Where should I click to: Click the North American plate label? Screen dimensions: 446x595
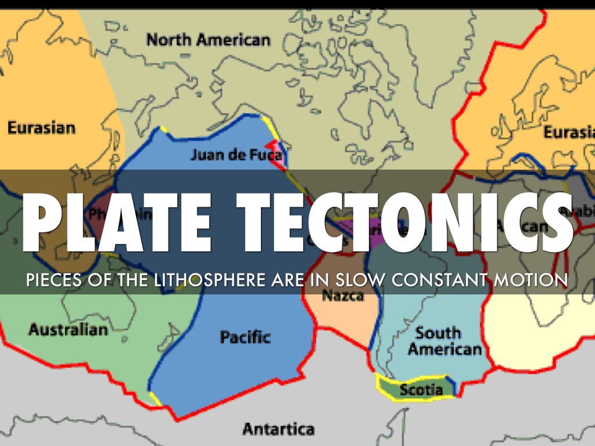click(x=208, y=40)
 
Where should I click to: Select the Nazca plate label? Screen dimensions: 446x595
click(x=343, y=296)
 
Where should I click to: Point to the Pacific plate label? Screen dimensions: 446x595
click(x=245, y=336)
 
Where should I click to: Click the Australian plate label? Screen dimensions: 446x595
click(x=68, y=330)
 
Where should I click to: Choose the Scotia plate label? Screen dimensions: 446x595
click(x=421, y=390)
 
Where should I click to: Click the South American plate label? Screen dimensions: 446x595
click(x=445, y=341)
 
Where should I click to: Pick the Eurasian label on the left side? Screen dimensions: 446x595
click(x=41, y=128)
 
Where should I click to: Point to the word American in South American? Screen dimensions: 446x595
click(x=445, y=349)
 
